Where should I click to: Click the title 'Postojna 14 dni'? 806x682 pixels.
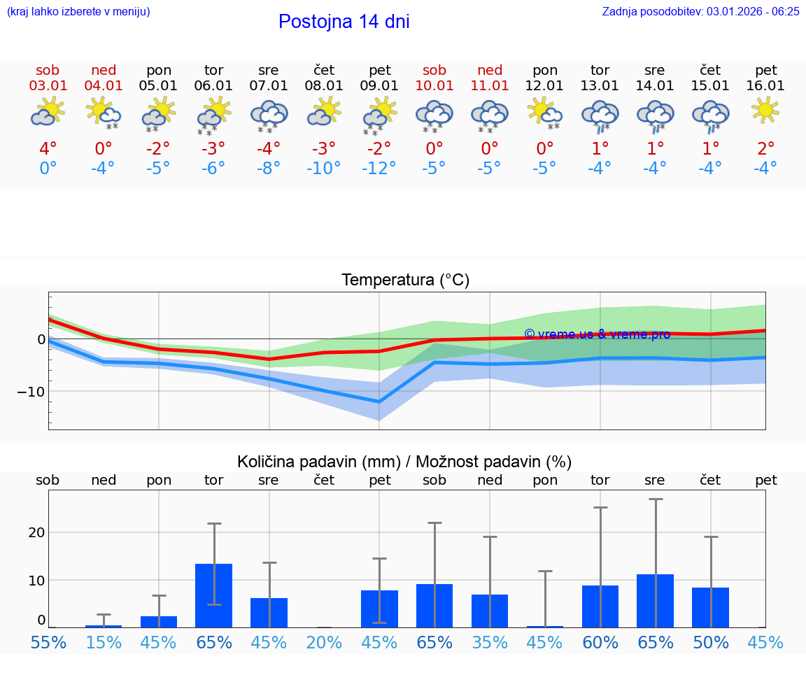pyautogui.click(x=344, y=22)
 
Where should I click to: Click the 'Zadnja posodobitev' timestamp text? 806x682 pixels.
pyautogui.click(x=700, y=11)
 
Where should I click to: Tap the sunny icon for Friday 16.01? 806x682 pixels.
pyautogui.click(x=765, y=110)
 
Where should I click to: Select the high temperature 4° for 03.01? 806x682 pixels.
pyautogui.click(x=48, y=149)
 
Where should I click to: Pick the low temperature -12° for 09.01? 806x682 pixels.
pyautogui.click(x=379, y=169)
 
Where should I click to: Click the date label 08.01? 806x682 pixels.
pyautogui.click(x=324, y=86)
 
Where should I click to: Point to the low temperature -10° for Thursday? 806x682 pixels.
pyautogui.click(x=324, y=169)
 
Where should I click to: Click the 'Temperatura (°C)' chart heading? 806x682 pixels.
pyautogui.click(x=405, y=280)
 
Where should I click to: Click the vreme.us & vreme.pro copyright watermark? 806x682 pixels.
pyautogui.click(x=597, y=334)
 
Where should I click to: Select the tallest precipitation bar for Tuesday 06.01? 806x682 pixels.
pyautogui.click(x=213, y=595)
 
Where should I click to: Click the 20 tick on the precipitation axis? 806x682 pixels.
pyautogui.click(x=36, y=532)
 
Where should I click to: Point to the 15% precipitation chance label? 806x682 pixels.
pyautogui.click(x=103, y=643)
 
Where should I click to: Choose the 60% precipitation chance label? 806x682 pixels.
pyautogui.click(x=600, y=643)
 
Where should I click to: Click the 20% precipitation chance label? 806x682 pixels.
pyautogui.click(x=324, y=643)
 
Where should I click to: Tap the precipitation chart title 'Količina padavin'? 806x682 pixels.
pyautogui.click(x=404, y=462)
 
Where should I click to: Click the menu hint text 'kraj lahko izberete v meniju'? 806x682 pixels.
pyautogui.click(x=78, y=11)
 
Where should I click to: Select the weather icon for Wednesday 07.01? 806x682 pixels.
pyautogui.click(x=269, y=114)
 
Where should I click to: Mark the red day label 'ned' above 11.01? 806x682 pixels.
pyautogui.click(x=490, y=70)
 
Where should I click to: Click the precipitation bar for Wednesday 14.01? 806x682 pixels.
pyautogui.click(x=655, y=601)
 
